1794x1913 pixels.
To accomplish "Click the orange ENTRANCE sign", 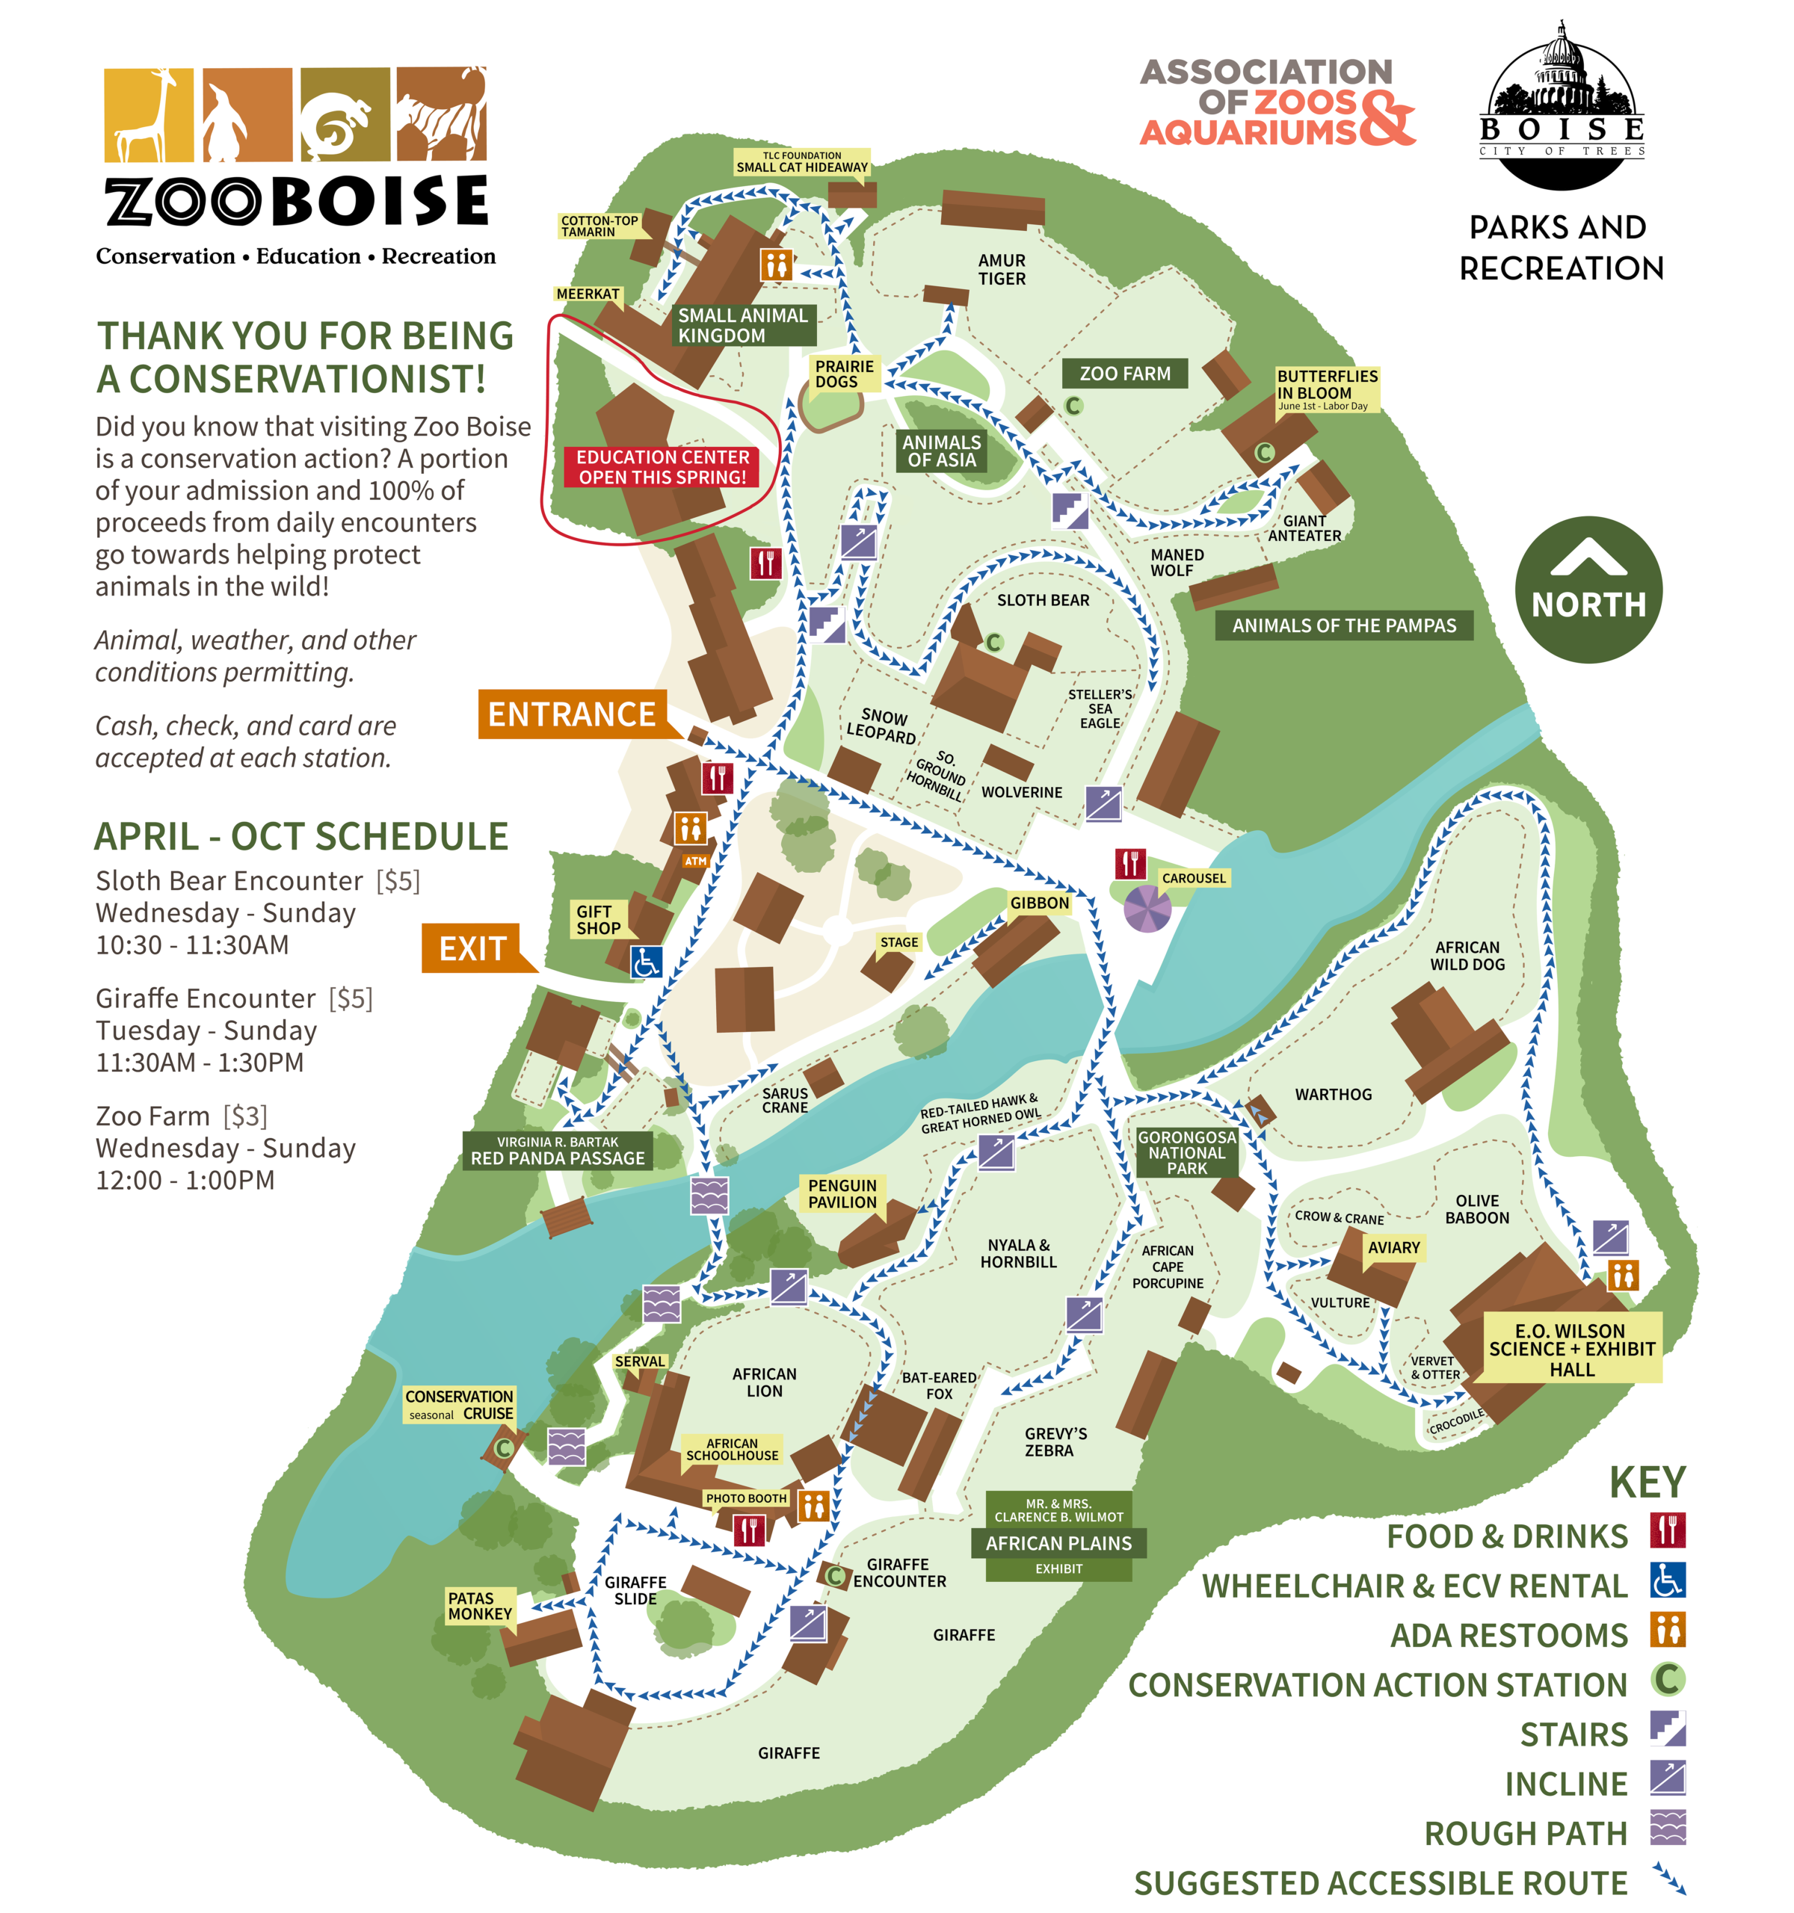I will [x=572, y=714].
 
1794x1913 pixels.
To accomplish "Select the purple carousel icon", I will [x=1147, y=909].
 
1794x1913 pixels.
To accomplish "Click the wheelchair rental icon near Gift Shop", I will [x=646, y=961].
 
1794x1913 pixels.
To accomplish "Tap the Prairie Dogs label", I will [x=844, y=374].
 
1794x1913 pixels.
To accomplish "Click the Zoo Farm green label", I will [x=1124, y=374].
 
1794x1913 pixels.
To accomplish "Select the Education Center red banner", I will [x=662, y=467].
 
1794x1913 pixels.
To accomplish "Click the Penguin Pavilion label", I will [x=842, y=1193].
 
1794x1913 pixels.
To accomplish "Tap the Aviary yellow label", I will [x=1393, y=1247].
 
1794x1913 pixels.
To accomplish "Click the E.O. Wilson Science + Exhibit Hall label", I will [x=1570, y=1348].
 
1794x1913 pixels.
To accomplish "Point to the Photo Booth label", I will [x=746, y=1498].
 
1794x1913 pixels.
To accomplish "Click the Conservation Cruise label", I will [x=459, y=1404].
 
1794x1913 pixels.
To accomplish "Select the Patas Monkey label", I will [x=479, y=1605].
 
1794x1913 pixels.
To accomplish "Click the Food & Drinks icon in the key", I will [x=1667, y=1530].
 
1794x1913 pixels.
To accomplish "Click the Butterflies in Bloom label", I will [x=1326, y=388].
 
